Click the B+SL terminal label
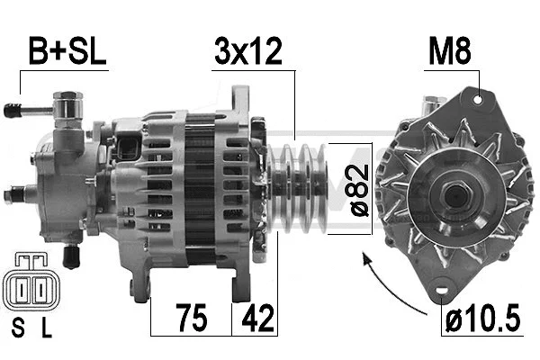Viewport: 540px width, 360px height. pos(67,52)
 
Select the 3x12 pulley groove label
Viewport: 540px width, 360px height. pos(247,52)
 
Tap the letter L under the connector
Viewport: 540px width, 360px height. pos(46,329)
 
